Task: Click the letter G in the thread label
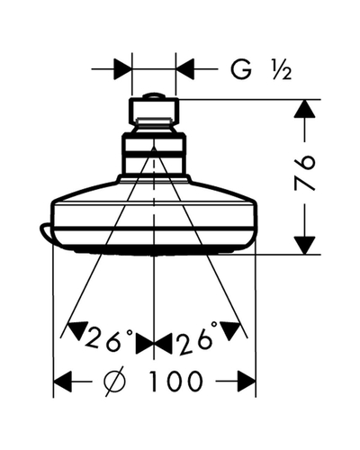(x=241, y=69)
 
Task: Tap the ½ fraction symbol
(x=282, y=69)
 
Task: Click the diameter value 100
(x=175, y=382)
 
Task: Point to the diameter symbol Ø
(x=115, y=382)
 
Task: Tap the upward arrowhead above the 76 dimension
(x=304, y=109)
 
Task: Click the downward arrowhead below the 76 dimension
(x=304, y=246)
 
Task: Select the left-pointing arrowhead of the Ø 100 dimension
(x=63, y=382)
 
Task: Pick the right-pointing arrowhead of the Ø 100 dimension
(x=247, y=382)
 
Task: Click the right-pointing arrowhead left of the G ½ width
(x=122, y=69)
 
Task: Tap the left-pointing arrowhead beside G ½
(x=184, y=69)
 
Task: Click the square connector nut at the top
(x=154, y=111)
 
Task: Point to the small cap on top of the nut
(x=154, y=95)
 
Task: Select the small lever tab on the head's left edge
(x=45, y=232)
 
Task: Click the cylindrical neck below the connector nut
(x=154, y=156)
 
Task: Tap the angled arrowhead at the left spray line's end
(x=78, y=330)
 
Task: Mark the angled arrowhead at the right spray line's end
(x=231, y=330)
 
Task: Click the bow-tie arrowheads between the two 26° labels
(x=154, y=343)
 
